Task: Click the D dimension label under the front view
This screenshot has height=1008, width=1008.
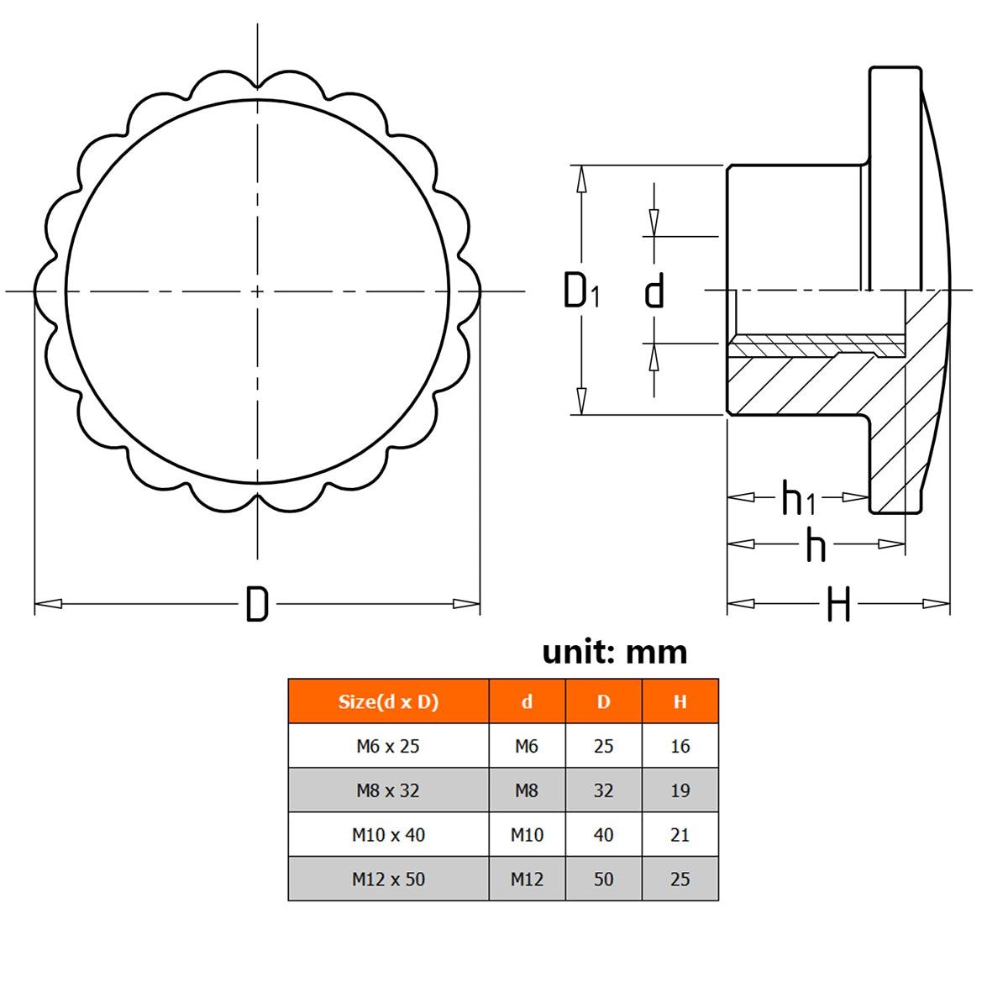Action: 257,604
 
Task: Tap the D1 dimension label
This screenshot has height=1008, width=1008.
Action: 581,290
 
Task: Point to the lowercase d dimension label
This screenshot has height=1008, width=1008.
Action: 654,290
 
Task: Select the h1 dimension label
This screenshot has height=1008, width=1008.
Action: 798,497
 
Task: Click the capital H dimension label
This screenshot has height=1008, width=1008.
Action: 838,604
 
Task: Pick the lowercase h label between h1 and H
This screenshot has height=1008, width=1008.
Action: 816,544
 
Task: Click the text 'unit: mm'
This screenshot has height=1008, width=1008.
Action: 615,653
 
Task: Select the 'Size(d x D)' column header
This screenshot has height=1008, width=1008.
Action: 388,701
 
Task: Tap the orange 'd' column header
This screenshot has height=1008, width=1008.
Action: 527,701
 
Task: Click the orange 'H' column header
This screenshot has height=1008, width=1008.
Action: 680,701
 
